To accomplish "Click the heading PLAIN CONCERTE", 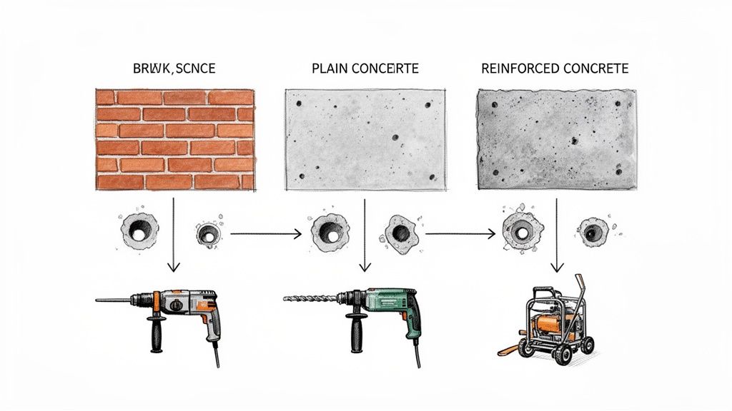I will tap(365, 69).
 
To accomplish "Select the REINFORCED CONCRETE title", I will tap(555, 69).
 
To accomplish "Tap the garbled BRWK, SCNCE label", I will tap(174, 69).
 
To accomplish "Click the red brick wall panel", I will tap(175, 139).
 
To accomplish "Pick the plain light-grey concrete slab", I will tap(365, 139).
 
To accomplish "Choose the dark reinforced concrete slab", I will tap(555, 139).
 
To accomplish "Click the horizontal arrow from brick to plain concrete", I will tap(264, 233).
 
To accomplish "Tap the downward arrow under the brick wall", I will tap(172, 235).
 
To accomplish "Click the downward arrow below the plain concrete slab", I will tap(365, 235).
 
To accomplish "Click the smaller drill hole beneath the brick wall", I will tap(207, 233).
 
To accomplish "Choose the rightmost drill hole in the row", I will tap(593, 231).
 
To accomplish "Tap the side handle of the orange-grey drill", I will tap(154, 332).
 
